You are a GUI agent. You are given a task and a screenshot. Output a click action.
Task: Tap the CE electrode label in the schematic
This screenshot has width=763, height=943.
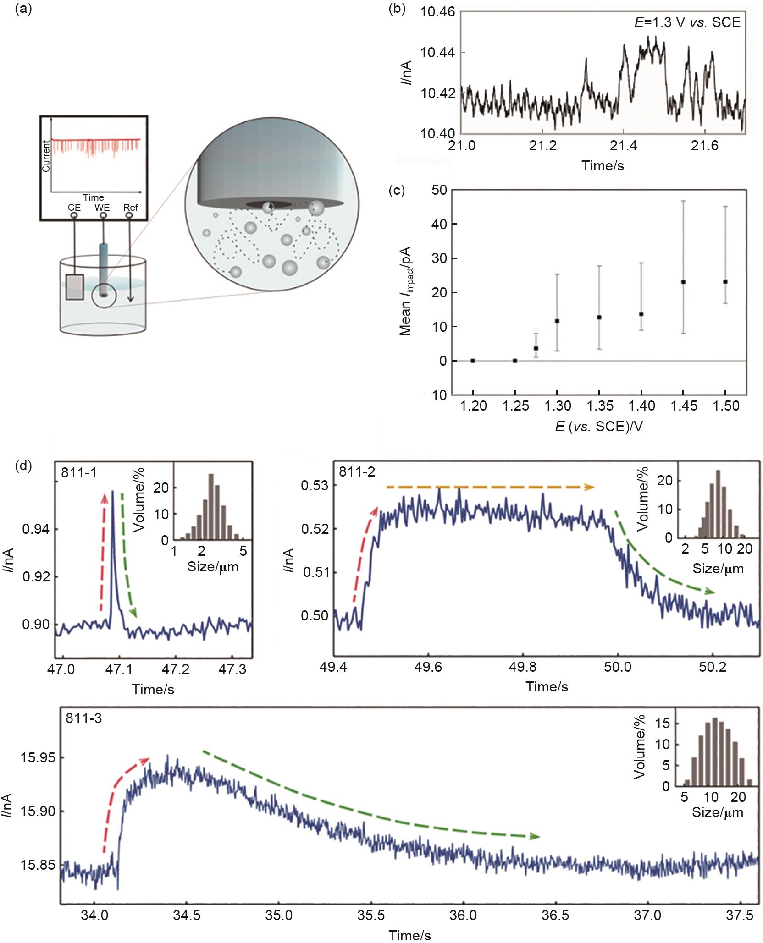[74, 207]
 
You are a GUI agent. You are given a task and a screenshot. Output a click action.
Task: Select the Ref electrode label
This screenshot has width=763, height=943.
[131, 207]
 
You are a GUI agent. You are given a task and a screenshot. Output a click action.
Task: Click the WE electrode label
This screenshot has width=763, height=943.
[102, 207]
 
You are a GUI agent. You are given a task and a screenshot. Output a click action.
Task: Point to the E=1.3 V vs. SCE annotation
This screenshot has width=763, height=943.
[687, 22]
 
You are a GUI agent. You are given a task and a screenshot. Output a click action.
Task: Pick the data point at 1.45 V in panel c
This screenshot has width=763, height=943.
[683, 282]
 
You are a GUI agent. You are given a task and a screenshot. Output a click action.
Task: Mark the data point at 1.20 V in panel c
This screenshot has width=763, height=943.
[473, 361]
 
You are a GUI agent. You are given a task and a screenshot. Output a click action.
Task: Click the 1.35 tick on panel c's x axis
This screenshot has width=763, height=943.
[599, 406]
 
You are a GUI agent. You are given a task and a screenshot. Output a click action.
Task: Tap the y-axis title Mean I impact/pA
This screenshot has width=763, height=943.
[405, 291]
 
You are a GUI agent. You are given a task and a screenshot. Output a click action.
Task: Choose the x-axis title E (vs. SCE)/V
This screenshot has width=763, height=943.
[599, 427]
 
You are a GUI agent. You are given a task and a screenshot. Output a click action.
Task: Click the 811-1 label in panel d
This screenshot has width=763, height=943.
[79, 472]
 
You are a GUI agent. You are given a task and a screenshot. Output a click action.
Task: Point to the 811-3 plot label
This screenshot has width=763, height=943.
[83, 718]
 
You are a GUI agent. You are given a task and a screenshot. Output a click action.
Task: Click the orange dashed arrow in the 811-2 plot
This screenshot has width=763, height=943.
[490, 487]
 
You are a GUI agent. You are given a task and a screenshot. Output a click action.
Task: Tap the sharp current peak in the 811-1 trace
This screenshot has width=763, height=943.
[113, 493]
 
